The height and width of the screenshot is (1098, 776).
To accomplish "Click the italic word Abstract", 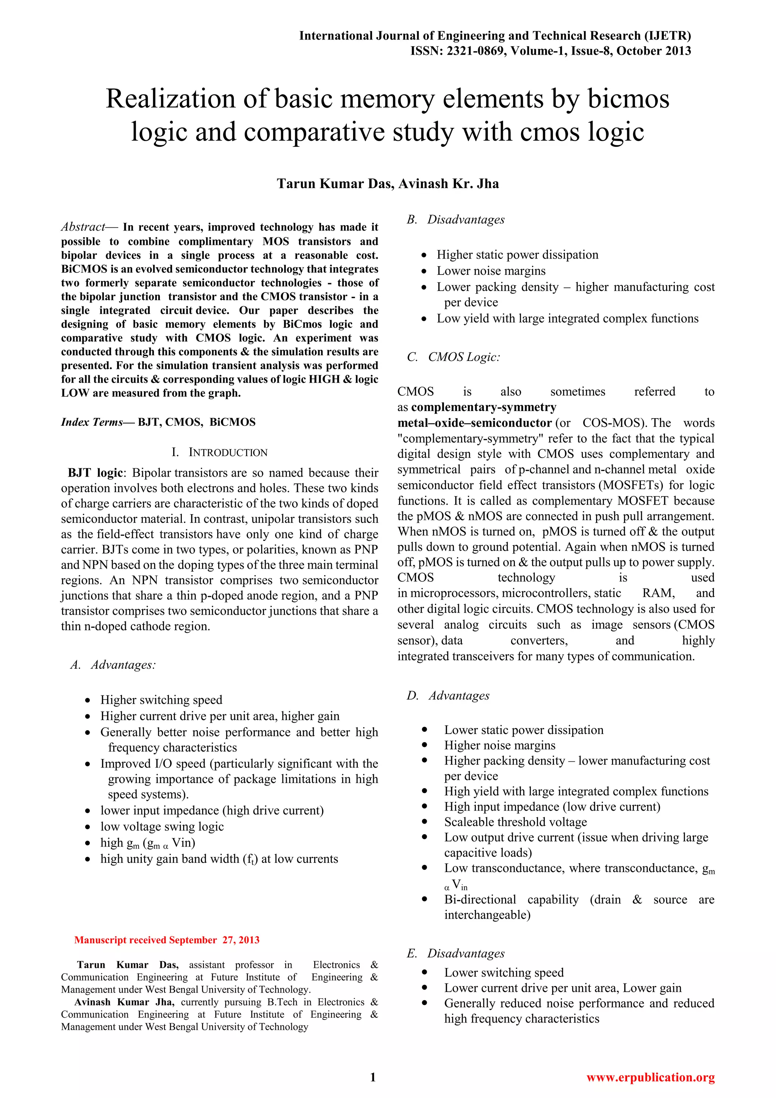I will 83,227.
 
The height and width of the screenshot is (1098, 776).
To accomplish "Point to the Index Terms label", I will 92,422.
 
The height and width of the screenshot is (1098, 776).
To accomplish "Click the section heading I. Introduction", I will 219,452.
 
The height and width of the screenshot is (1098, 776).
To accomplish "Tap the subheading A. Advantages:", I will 113,665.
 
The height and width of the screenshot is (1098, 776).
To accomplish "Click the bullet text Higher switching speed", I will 161,700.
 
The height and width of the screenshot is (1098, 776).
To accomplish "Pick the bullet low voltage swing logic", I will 162,827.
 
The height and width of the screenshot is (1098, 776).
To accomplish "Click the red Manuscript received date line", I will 166,940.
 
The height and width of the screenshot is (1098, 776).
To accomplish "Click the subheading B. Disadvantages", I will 455,220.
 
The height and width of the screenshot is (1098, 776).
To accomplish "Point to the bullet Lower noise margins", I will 491,271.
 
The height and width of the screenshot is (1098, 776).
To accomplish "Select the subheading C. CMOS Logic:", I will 454,357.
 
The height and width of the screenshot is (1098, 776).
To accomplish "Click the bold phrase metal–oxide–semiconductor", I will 474,423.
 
